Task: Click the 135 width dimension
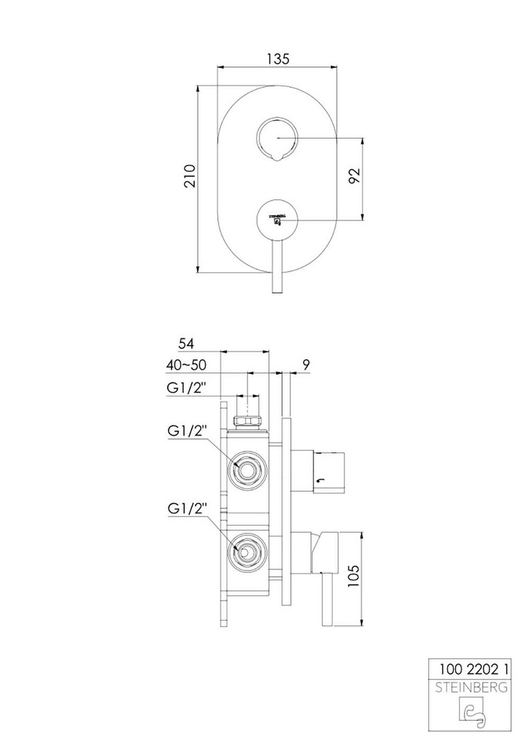pos(278,59)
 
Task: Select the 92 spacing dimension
pos(355,175)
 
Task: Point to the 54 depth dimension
pos(187,343)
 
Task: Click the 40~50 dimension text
pos(187,365)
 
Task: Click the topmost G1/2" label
pos(187,388)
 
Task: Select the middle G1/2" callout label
pos(187,431)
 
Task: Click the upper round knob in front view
pos(277,138)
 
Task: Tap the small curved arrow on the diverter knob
pos(320,480)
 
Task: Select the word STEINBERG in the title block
pos(471,688)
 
